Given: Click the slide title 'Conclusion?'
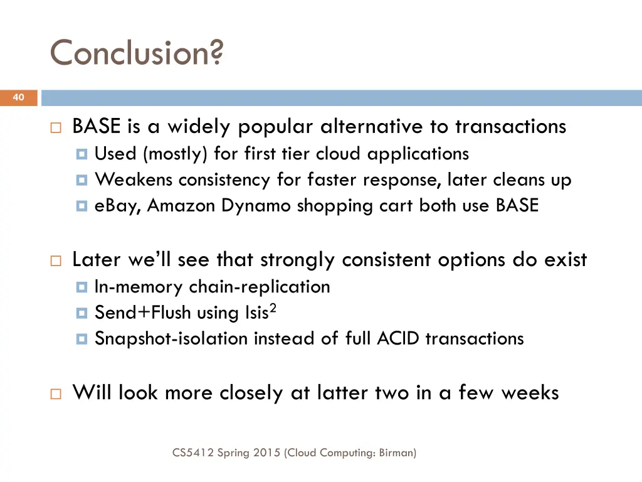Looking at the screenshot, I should (136, 52).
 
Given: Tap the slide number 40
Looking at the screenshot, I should (18, 97).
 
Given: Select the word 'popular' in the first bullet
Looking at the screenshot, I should (275, 127).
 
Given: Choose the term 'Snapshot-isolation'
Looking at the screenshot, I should (171, 339).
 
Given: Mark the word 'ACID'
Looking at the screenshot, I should (399, 339).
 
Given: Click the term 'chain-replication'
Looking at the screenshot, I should (260, 287).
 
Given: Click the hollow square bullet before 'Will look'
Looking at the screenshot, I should (55, 394).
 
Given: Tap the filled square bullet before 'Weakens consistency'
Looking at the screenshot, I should (82, 181).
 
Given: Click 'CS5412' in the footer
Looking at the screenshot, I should (193, 452).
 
